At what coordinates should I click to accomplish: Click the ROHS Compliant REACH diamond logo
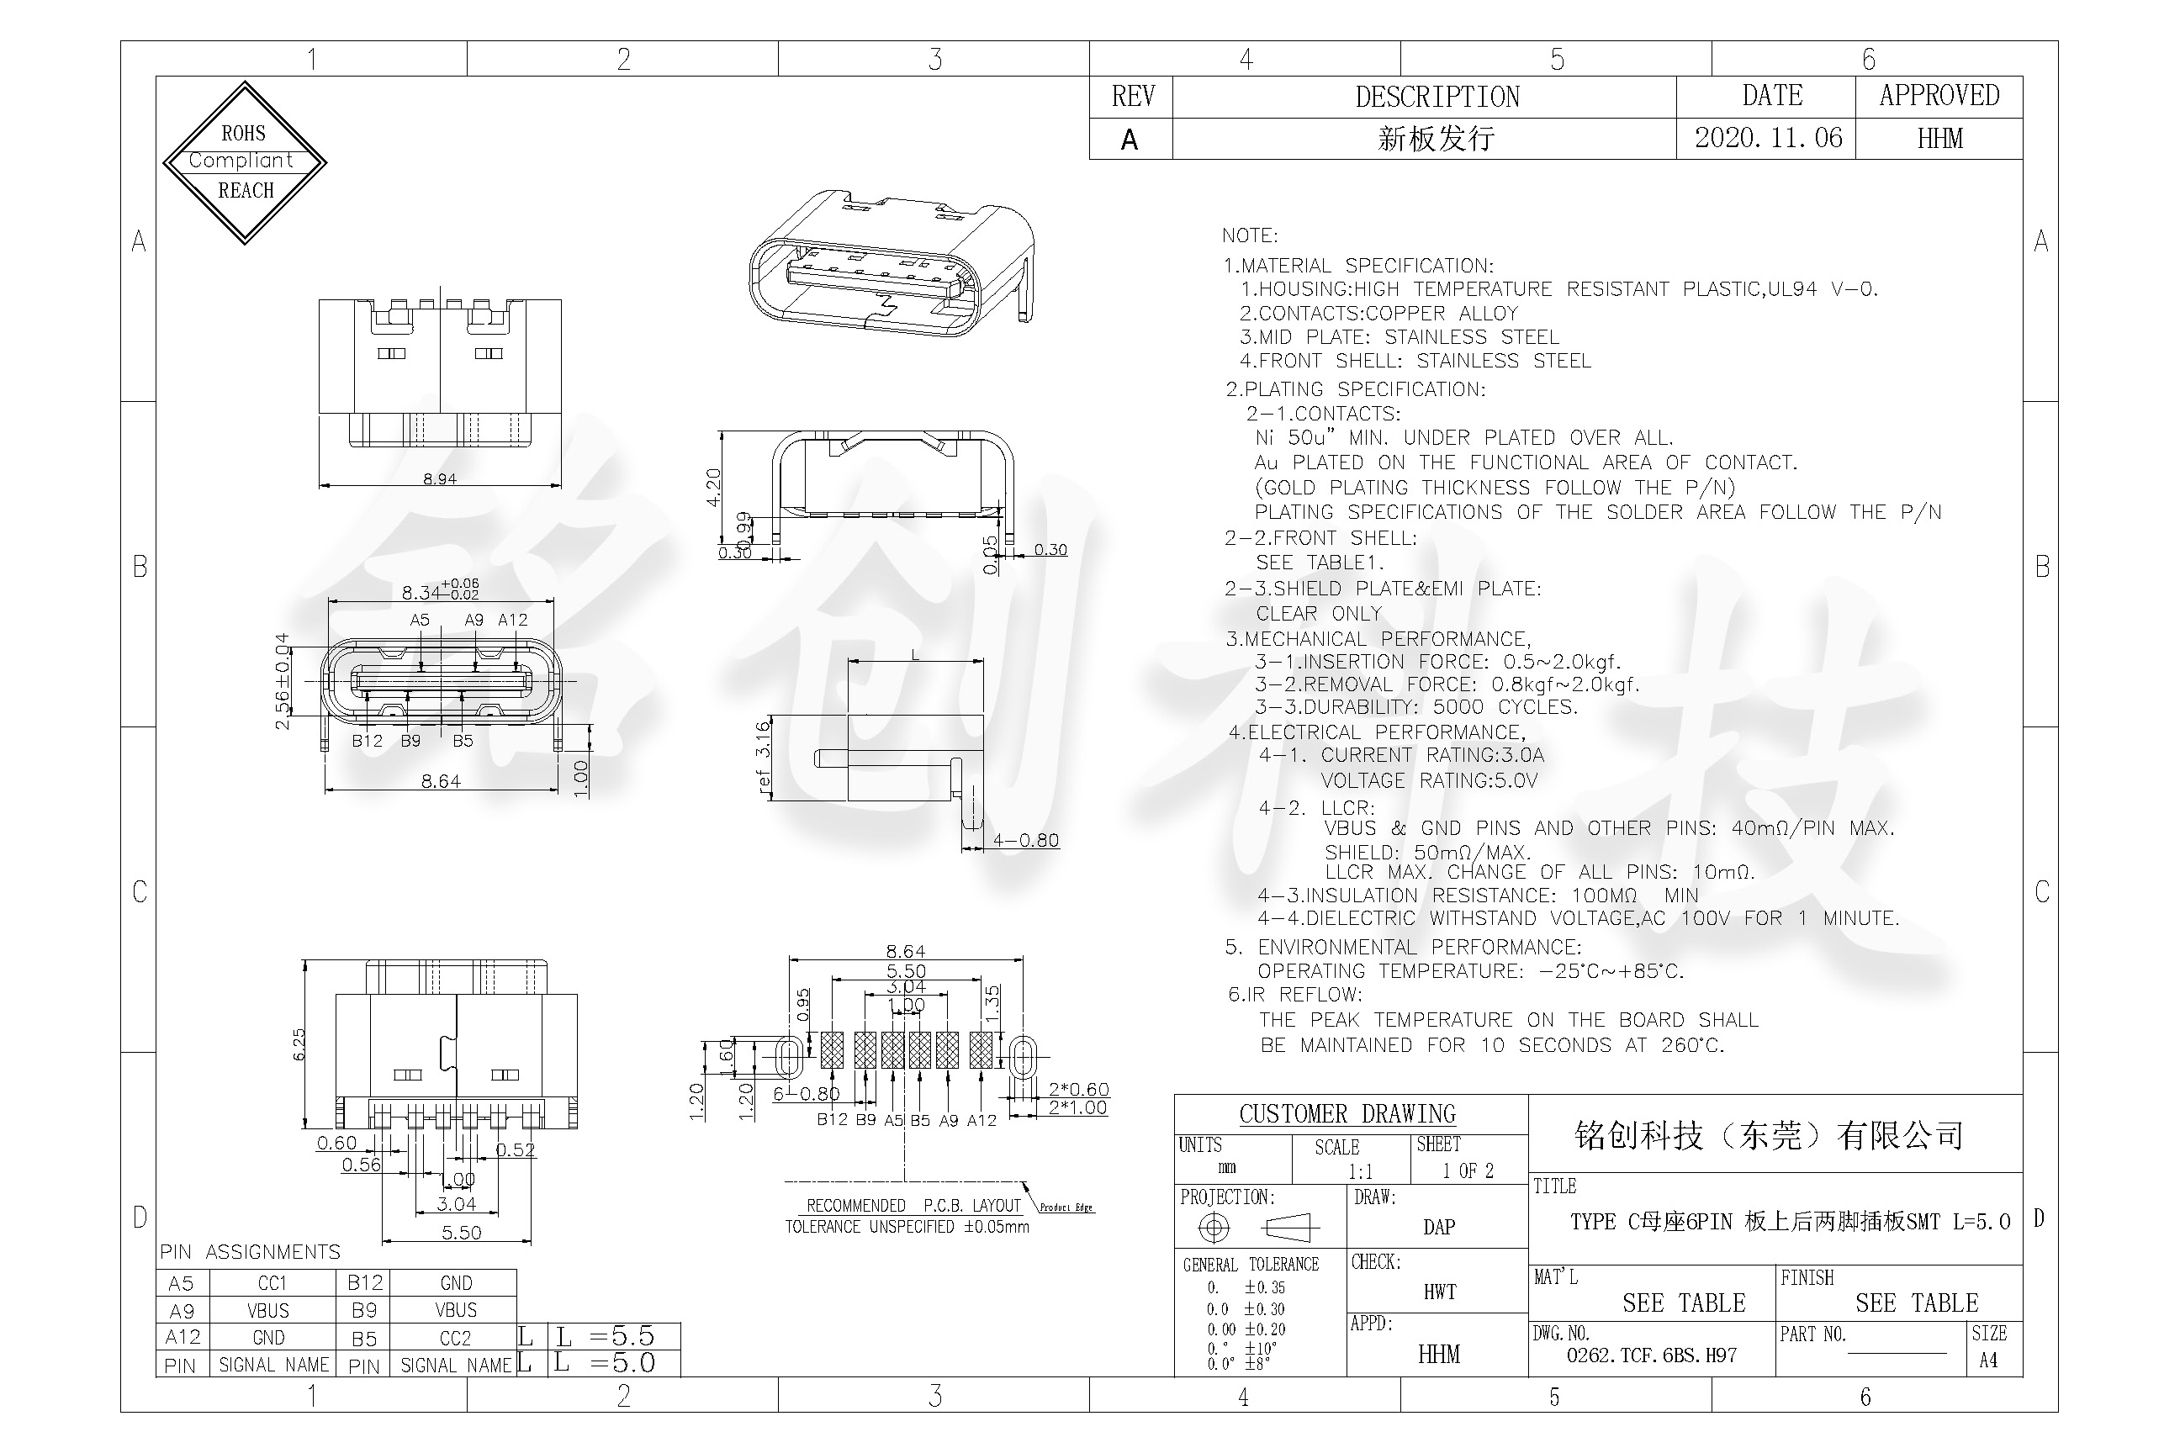tap(245, 162)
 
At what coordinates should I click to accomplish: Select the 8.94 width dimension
tap(439, 479)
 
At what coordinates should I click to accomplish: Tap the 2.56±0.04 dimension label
tap(282, 681)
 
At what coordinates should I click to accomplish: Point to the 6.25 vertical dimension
tap(299, 1044)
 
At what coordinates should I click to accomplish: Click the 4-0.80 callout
tap(1025, 841)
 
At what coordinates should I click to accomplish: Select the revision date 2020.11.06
tap(1768, 138)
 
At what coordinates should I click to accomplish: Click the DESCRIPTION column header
tap(1437, 97)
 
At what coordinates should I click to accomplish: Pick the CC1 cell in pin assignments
tap(272, 1282)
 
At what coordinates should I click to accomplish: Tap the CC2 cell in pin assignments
tap(454, 1338)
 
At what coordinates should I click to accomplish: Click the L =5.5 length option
tap(619, 1335)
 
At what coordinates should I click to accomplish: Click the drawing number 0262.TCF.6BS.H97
tap(1651, 1355)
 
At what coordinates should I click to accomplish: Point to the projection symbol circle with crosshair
tap(1214, 1228)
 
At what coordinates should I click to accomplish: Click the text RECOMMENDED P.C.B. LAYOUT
tap(913, 1206)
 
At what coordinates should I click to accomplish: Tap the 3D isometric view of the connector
tap(892, 264)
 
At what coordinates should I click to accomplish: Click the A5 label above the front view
tap(420, 620)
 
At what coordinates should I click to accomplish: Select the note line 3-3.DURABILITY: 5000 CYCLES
tap(1416, 707)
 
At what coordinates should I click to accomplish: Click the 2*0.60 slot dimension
tap(1078, 1089)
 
